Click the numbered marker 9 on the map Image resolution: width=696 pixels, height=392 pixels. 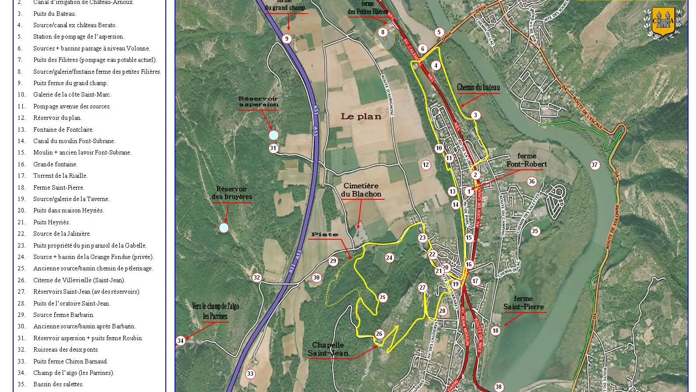287,39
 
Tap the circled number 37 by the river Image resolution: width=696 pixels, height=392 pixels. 595,165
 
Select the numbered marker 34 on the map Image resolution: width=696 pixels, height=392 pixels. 180,341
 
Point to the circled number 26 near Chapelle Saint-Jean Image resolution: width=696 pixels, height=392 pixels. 379,334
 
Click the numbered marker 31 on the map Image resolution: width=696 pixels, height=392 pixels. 273,148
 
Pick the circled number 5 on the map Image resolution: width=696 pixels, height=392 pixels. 439,32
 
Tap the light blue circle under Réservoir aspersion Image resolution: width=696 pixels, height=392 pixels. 273,135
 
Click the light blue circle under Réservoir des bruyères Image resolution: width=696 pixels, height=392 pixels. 224,227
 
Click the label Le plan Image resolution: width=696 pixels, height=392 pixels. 361,116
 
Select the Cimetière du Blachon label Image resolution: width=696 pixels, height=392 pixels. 362,190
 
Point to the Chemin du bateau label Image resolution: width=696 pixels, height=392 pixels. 478,87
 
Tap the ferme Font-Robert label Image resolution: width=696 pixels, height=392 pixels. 526,160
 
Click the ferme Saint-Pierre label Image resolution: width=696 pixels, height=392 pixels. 523,303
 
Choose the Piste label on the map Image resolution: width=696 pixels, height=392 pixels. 325,234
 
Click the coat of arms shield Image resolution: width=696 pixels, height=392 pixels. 663,22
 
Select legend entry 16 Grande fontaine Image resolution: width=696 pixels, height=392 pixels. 55,164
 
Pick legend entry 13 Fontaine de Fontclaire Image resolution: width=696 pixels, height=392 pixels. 63,129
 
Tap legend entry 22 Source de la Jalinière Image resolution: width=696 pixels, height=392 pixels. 62,234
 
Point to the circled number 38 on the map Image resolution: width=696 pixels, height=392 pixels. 498,387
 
